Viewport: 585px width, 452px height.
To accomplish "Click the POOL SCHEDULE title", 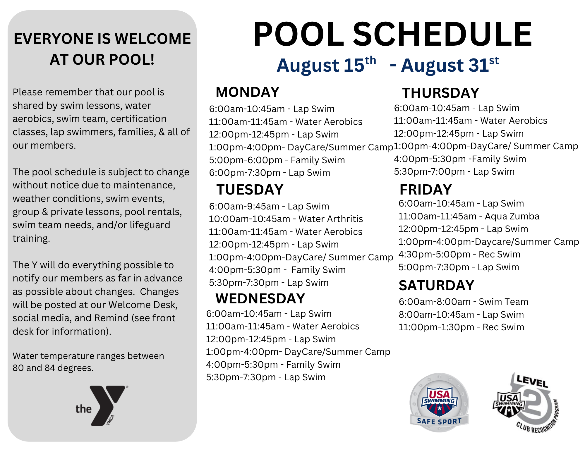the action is [x=392, y=34].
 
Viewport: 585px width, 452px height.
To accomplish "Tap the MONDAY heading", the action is [x=248, y=92].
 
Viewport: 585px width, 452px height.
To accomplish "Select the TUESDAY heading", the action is [x=250, y=190].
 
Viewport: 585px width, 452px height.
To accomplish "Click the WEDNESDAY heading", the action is [x=260, y=298].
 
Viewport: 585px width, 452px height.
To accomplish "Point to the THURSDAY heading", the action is [x=441, y=93].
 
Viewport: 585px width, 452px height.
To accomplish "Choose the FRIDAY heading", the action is [x=426, y=190].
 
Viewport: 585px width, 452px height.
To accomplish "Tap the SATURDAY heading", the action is [x=436, y=286].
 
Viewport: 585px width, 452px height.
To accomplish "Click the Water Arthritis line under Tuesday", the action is [x=286, y=219].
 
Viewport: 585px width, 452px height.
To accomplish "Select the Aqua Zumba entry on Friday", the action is [x=469, y=216].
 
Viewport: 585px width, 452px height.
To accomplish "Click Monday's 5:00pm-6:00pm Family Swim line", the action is [x=277, y=160].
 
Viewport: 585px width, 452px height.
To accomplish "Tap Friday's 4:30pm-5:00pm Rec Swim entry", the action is [x=459, y=254].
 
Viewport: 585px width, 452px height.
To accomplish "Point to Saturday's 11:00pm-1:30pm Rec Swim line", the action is [x=462, y=327].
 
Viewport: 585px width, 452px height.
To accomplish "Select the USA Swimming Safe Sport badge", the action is [x=439, y=403].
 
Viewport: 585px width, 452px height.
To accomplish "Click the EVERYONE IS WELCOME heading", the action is [x=102, y=49].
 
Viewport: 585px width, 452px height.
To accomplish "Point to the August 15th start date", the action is [x=326, y=65].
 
